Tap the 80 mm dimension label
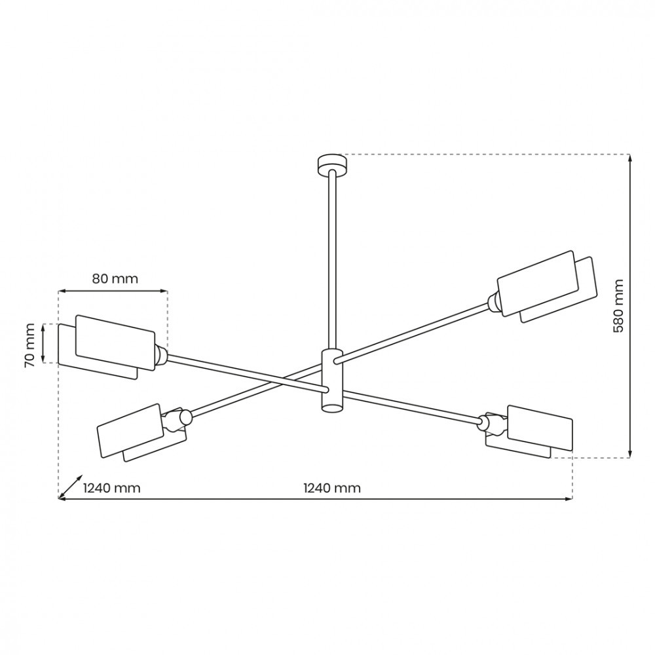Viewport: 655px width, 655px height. pos(115,278)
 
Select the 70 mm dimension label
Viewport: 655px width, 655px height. pos(30,345)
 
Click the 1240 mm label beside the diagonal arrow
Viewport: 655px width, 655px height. pos(111,488)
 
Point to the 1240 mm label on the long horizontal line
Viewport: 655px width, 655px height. pos(331,488)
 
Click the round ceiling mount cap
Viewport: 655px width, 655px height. pos(332,165)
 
